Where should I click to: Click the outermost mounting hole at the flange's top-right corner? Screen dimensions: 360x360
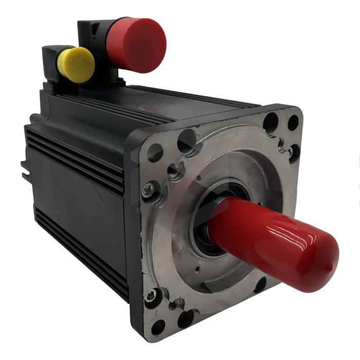click(293, 122)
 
